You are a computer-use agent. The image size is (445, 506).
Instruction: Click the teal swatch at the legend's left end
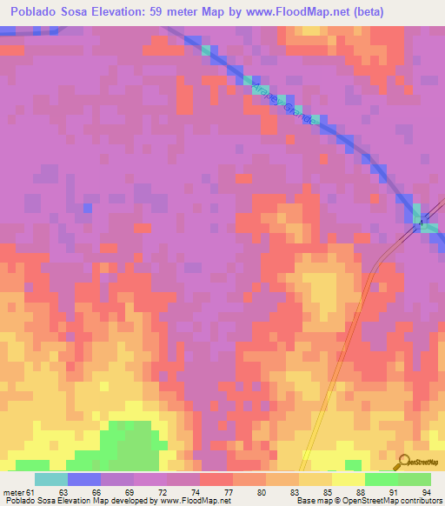point(50,478)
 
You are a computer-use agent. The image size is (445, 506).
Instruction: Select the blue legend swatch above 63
point(83,478)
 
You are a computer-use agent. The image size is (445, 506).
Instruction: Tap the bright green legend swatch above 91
point(381,478)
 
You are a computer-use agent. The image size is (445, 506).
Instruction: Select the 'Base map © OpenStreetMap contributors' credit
point(368,501)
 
